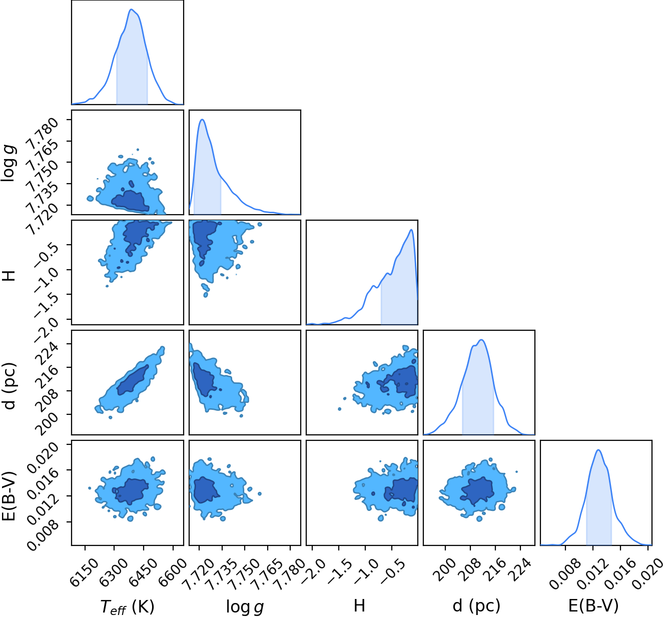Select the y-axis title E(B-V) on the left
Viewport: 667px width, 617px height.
tap(10, 492)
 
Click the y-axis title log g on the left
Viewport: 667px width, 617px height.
tap(10, 163)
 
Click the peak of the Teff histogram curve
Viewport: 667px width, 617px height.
tap(131, 9)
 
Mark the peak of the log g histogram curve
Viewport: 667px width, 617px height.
tap(202, 120)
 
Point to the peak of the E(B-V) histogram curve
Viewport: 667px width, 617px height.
tap(598, 450)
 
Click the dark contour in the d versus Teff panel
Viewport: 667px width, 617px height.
tap(132, 380)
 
